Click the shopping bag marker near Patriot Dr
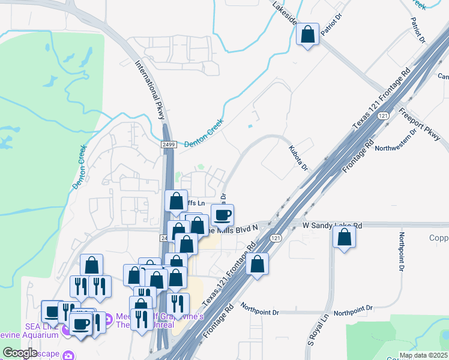(x=307, y=35)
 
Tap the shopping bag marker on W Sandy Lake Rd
(x=344, y=236)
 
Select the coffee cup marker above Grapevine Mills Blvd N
(x=223, y=215)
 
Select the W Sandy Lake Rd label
(x=332, y=226)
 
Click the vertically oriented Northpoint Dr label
(x=401, y=255)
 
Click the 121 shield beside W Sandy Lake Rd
(x=275, y=238)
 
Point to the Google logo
(x=20, y=353)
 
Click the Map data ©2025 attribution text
(x=423, y=355)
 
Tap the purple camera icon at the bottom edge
(x=69, y=355)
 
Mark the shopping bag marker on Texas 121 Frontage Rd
(x=257, y=265)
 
